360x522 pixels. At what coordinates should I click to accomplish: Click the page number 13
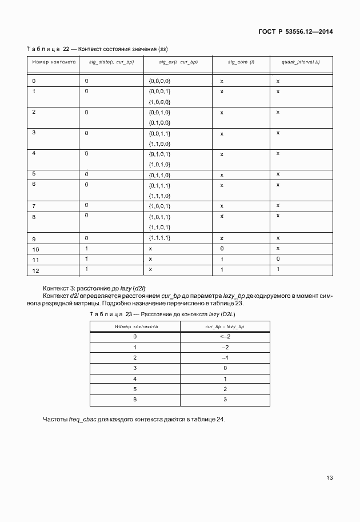330,477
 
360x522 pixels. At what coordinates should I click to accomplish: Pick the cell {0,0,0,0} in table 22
159,81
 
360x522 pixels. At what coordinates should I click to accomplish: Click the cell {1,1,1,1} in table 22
159,238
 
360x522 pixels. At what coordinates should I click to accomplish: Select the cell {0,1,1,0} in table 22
159,174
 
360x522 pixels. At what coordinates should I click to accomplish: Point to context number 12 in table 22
35,269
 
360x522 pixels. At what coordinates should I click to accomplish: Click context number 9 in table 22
34,238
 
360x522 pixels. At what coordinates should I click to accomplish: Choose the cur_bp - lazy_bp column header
225,326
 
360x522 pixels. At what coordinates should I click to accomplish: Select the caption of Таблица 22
97,48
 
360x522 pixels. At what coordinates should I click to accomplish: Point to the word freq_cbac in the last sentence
82,419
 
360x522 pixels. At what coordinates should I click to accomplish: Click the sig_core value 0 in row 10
222,249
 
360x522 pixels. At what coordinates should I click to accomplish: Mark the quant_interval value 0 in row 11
278,259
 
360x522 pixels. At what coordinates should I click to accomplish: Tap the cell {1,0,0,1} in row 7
159,206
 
